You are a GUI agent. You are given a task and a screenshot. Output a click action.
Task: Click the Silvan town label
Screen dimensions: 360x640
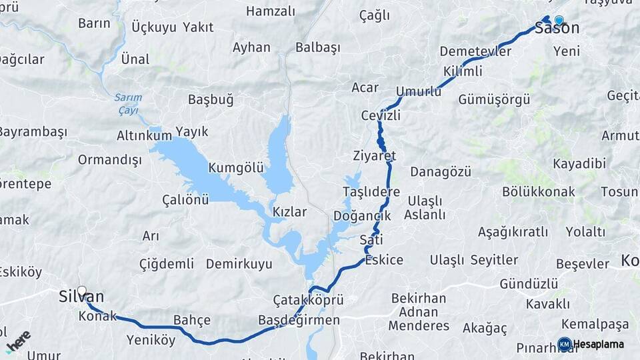tap(81, 297)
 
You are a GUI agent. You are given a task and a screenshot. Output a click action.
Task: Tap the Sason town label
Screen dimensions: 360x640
tap(557, 29)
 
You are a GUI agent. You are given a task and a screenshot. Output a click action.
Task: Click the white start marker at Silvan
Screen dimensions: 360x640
tap(82, 291)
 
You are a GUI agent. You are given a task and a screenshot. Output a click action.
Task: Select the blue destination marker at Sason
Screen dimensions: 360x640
tap(559, 21)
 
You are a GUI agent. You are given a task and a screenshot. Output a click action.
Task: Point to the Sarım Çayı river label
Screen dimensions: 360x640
tap(128, 103)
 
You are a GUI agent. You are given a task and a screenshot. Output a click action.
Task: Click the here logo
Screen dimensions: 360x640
tap(18, 341)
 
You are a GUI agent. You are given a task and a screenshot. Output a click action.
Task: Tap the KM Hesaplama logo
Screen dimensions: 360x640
tap(591, 344)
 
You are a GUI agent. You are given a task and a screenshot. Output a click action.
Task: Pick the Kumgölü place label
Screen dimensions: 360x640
tap(236, 167)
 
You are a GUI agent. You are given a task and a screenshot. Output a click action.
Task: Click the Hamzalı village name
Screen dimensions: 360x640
tap(270, 11)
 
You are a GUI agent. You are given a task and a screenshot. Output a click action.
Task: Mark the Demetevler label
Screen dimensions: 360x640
tap(475, 51)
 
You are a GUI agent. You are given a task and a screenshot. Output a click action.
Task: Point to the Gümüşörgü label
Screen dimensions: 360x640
tap(494, 100)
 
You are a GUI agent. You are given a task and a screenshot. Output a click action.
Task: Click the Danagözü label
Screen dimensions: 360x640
tap(440, 171)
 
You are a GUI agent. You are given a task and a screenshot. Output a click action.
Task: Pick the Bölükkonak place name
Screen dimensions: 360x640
tap(538, 192)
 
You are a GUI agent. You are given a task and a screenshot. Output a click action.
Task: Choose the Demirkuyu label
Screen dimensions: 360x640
tap(239, 264)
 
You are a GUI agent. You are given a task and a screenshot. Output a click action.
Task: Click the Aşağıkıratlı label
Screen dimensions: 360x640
tap(513, 232)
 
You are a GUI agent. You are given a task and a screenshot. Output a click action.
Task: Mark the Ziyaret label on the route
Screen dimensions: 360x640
tap(375, 156)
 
